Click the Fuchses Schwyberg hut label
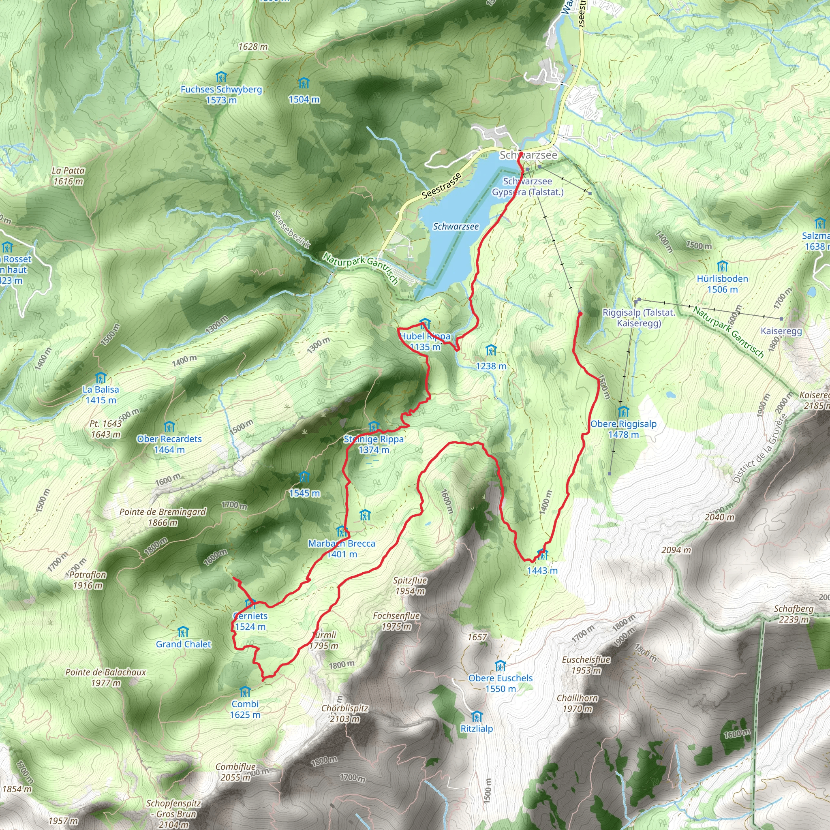tap(221, 89)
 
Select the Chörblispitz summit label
tap(344, 708)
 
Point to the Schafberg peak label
tap(794, 609)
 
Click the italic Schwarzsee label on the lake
tap(456, 227)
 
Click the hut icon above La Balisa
tap(101, 378)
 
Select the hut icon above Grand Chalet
tap(183, 632)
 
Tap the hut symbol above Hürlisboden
tap(722, 266)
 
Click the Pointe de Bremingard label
tap(163, 512)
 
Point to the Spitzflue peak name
tap(410, 580)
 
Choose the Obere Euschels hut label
tap(500, 678)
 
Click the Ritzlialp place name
tap(477, 729)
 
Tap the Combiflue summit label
tap(235, 767)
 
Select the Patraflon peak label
tap(88, 575)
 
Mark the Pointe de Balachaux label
tap(106, 672)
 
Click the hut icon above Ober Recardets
tap(169, 427)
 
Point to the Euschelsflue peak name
tap(586, 659)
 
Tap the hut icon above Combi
tap(244, 692)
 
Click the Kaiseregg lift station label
tap(781, 331)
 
